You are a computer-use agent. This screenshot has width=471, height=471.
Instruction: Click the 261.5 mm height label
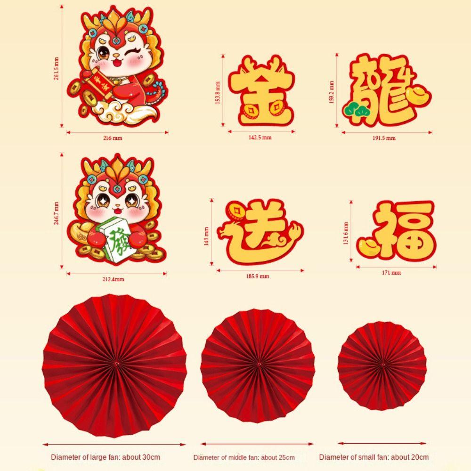pos(57,68)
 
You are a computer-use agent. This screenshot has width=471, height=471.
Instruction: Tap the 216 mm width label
pos(112,138)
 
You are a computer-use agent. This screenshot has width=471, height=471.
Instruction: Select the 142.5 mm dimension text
pos(260,138)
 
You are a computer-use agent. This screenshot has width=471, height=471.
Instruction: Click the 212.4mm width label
pos(114,279)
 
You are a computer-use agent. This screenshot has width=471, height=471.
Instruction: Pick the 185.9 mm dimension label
pos(258,276)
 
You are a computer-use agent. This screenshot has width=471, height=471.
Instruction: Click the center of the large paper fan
pos(115,364)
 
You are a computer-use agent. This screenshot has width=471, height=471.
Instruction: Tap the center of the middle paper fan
pos(258,364)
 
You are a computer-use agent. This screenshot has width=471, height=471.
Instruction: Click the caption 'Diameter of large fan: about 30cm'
pos(106,457)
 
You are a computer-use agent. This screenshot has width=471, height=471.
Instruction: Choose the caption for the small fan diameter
pos(374,457)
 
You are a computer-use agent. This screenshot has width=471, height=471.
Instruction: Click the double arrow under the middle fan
pos(257,443)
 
